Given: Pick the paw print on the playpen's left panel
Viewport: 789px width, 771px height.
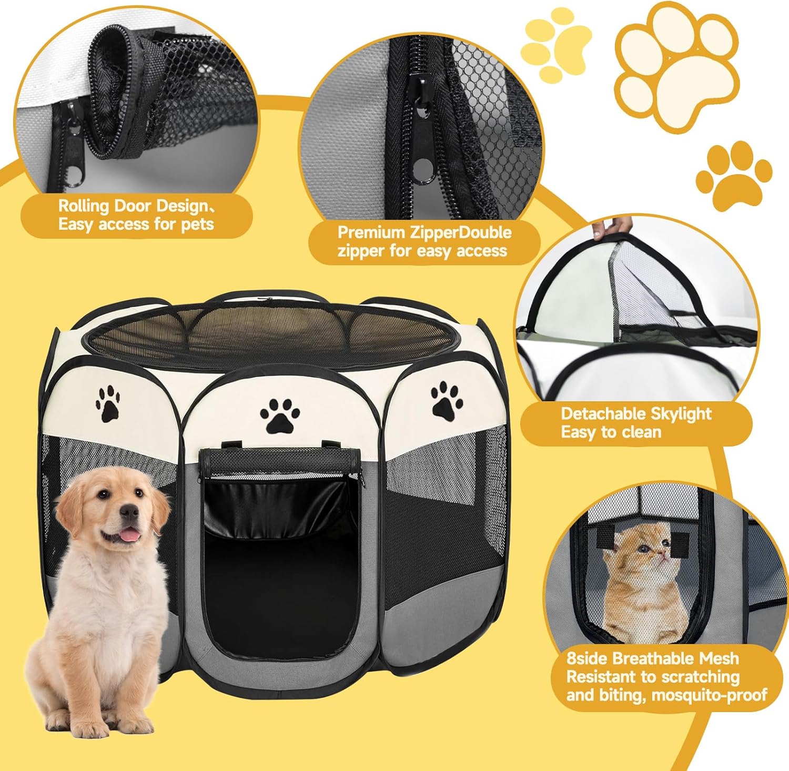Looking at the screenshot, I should click(x=108, y=403).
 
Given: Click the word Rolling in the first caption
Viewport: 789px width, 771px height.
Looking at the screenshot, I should click(x=83, y=206).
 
